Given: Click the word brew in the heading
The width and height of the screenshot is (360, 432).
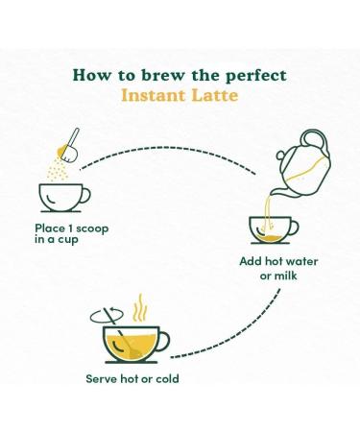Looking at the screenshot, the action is coord(163,75).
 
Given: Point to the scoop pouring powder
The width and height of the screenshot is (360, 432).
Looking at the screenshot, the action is coord(69,146).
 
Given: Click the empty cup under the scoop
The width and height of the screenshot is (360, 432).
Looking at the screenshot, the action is coord(64,198).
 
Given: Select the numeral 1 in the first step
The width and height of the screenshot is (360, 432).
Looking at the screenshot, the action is coord(71,228).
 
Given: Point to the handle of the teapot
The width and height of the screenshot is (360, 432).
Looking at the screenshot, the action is coord(320,141).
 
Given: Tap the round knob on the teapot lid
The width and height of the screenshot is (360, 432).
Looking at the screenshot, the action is coord(280,156).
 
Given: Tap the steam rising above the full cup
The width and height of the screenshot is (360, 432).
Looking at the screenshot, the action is coord(140,308).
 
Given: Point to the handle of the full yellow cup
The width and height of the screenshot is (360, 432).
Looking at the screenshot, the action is coord(163,341).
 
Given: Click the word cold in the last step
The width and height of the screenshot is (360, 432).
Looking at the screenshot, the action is coord(167,379).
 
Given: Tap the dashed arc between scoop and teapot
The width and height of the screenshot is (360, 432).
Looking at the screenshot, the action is coord(168,148).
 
